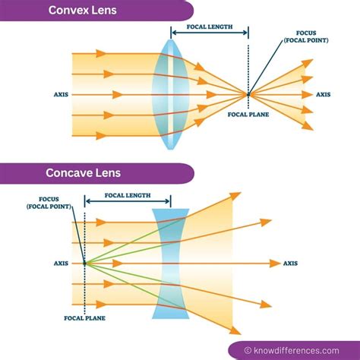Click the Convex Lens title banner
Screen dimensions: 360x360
(91, 10)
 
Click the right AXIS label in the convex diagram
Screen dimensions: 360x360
(324, 95)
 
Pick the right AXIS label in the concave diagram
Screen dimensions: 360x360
(291, 263)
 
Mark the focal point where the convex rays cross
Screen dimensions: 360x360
(248, 94)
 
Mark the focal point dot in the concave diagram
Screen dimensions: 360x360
(84, 263)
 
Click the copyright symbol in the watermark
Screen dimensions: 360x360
(248, 350)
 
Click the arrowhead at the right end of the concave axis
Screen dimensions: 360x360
(275, 263)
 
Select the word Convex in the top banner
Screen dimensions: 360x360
(69, 10)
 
